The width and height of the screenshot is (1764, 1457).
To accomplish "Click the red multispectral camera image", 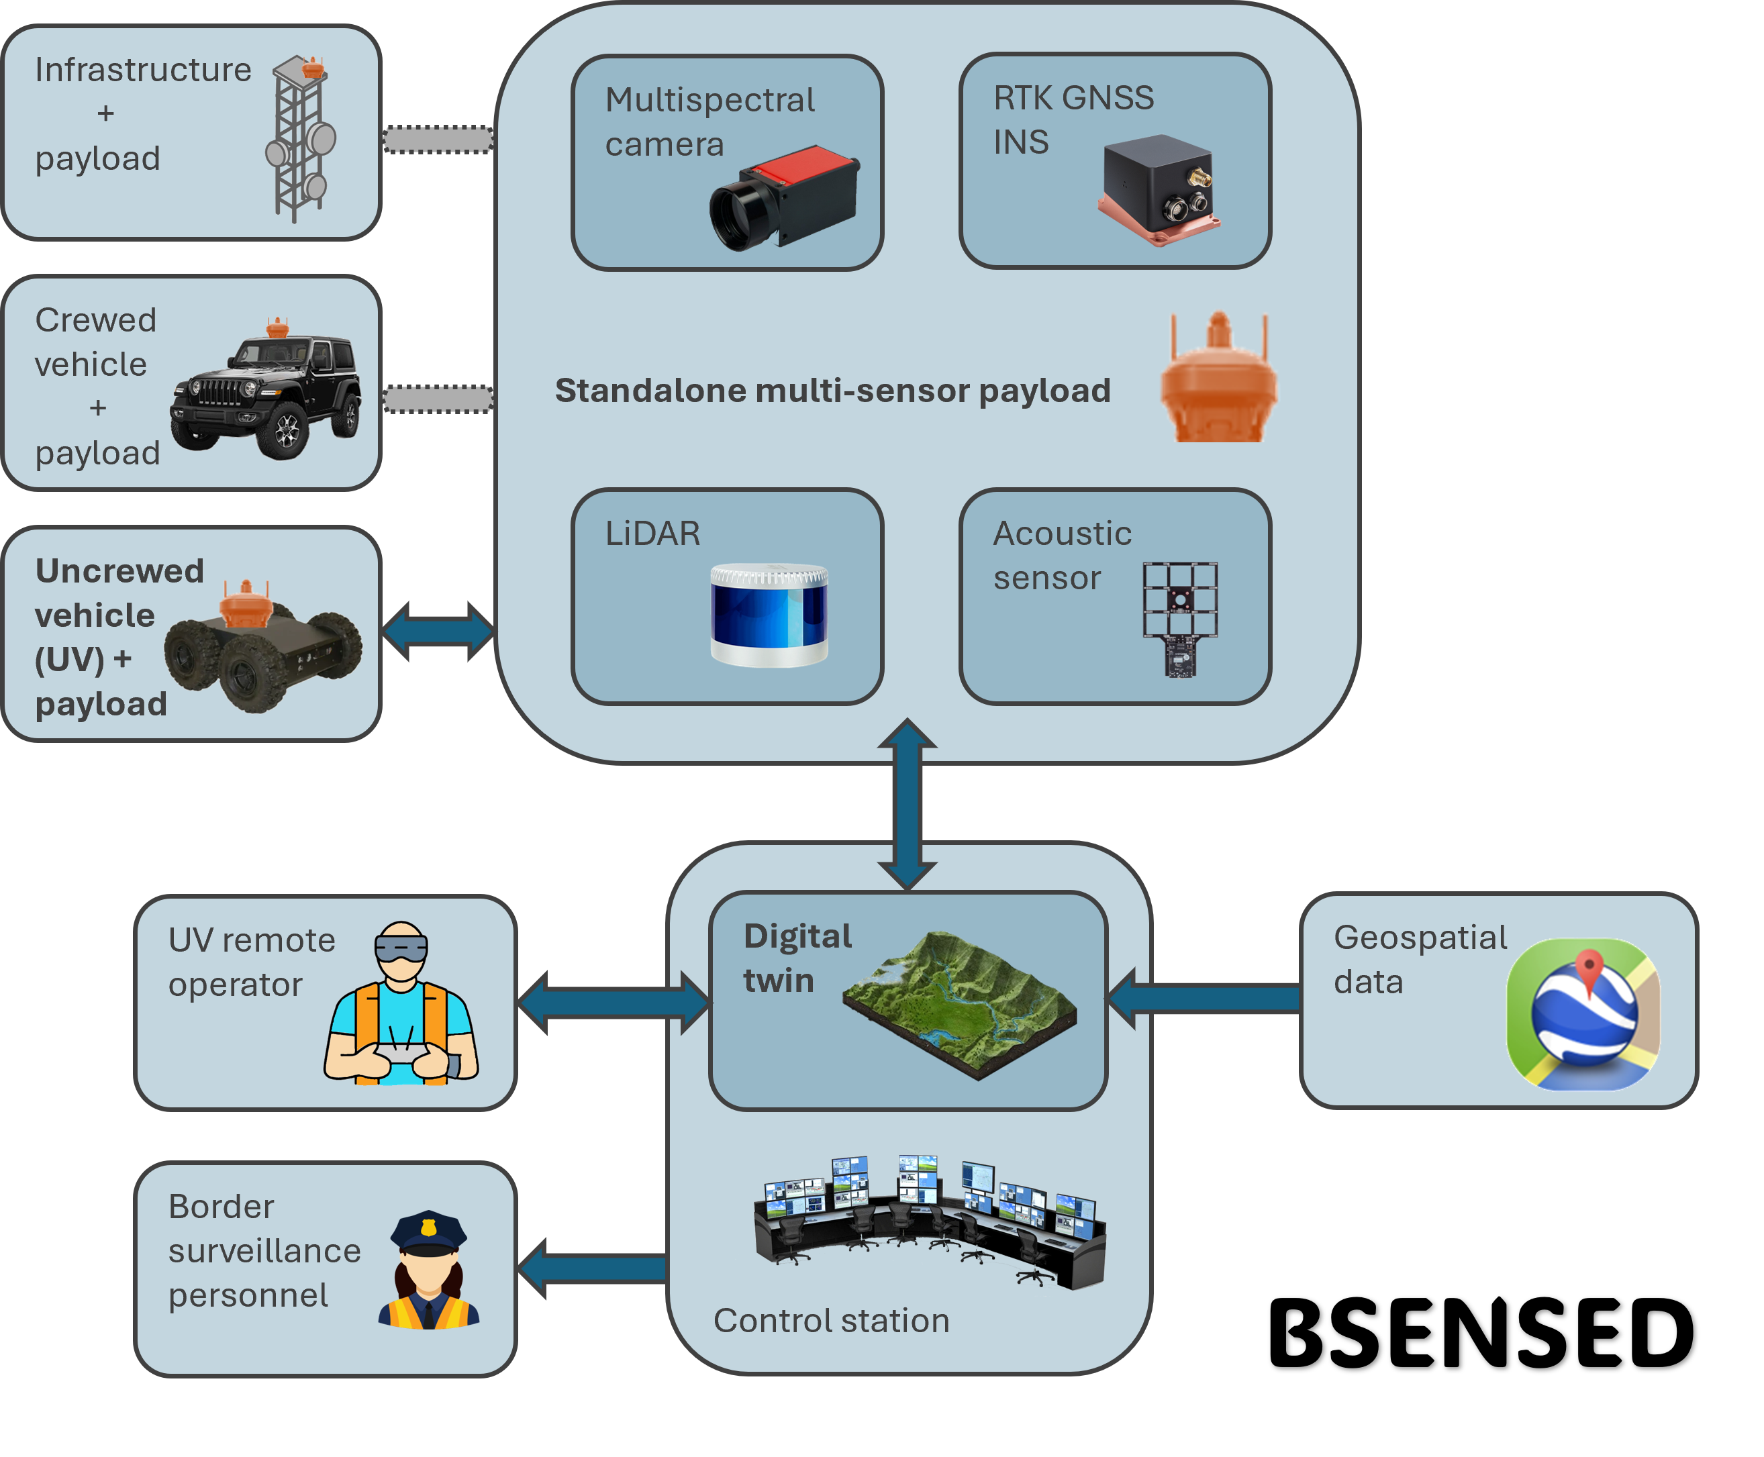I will coord(784,198).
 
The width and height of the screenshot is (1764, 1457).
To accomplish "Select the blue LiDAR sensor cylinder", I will coord(769,615).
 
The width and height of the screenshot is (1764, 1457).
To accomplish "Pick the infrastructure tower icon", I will coord(301,138).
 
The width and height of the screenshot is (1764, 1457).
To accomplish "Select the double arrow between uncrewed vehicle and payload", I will coord(438,631).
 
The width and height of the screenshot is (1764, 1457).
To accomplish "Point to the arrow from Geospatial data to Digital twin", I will coord(1204,998).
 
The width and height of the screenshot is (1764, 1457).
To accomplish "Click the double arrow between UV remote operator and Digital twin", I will coord(614,1002).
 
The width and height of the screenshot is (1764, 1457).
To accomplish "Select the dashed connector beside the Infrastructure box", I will coord(438,140).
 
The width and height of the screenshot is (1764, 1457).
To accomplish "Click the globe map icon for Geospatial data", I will coord(1583,1014).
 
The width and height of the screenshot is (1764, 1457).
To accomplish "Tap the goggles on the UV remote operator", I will coord(401,948).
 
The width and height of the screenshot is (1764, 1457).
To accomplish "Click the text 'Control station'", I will coord(831,1320).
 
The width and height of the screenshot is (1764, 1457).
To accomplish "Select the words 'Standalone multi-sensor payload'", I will coord(832,391).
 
